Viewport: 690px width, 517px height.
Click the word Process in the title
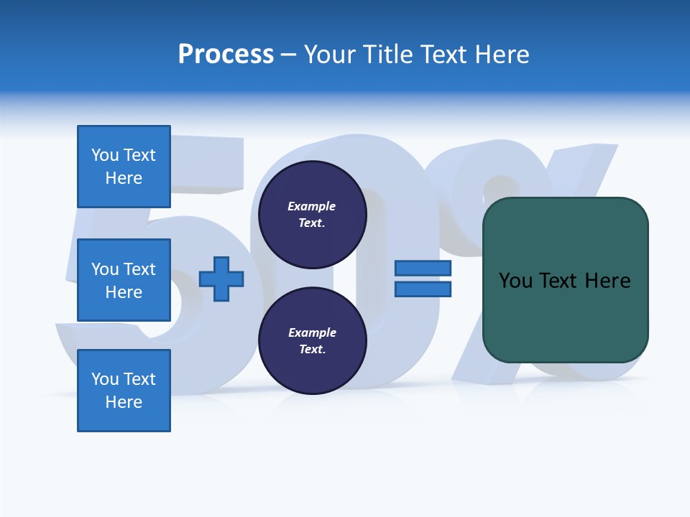pyautogui.click(x=226, y=55)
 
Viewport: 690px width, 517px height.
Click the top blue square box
pyautogui.click(x=124, y=167)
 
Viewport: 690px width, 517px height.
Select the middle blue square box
pyautogui.click(x=124, y=280)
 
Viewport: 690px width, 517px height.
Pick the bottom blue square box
pyautogui.click(x=124, y=391)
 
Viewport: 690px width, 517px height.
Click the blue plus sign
pyautogui.click(x=221, y=279)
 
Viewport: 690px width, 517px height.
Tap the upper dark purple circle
pyautogui.click(x=313, y=215)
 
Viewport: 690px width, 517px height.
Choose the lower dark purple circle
pyautogui.click(x=313, y=341)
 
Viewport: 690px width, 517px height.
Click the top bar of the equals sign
pyautogui.click(x=423, y=268)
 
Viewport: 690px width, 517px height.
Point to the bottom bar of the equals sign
pyautogui.click(x=423, y=289)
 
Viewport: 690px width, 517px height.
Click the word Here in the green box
pyautogui.click(x=607, y=281)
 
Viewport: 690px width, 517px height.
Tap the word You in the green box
pyautogui.click(x=516, y=281)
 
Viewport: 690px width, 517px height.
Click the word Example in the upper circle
pyautogui.click(x=312, y=206)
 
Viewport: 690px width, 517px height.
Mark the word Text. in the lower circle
pyautogui.click(x=312, y=350)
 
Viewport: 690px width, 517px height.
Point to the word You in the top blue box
pyautogui.click(x=105, y=155)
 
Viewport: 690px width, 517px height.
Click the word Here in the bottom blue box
pyautogui.click(x=124, y=402)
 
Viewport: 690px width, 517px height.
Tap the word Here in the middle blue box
pyautogui.click(x=124, y=292)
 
